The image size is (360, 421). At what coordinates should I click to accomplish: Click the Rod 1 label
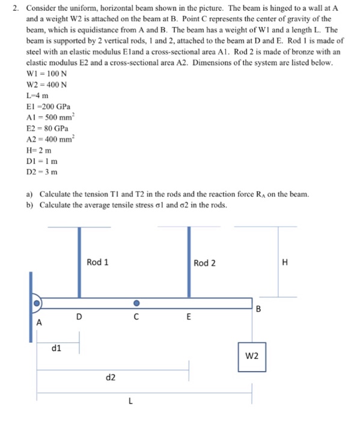(98, 262)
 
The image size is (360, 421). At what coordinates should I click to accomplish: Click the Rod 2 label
(205, 263)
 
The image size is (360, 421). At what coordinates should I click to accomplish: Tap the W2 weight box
(252, 356)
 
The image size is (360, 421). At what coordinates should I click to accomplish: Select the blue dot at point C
(136, 303)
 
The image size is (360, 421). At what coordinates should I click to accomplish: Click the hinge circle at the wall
(37, 303)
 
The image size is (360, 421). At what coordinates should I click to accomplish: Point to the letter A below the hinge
(40, 322)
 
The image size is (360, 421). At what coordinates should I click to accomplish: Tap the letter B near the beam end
(258, 310)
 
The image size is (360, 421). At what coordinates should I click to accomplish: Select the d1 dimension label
(56, 347)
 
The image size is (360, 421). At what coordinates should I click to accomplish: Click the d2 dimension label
(111, 378)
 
